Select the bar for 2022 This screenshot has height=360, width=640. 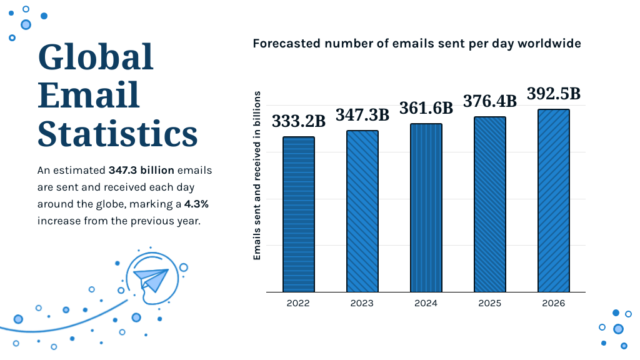point(298,214)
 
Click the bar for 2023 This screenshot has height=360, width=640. point(362,211)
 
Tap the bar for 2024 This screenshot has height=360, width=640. point(426,207)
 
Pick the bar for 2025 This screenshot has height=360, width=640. point(490,204)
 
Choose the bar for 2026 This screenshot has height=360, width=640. point(554,201)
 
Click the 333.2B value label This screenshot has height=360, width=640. point(298,121)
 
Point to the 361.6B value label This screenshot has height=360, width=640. point(426,107)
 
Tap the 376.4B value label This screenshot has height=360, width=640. point(490,101)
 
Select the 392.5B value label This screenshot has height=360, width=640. point(554,94)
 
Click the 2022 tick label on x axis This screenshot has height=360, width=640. point(298,303)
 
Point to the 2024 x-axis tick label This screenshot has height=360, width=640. point(426,303)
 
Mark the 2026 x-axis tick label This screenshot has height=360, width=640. point(554,303)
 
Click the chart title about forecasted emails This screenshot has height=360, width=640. point(417,44)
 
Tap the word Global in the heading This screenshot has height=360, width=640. point(96,57)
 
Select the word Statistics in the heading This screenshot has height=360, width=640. point(117,133)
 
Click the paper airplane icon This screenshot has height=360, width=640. point(152,278)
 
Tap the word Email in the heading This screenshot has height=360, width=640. point(89,96)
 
